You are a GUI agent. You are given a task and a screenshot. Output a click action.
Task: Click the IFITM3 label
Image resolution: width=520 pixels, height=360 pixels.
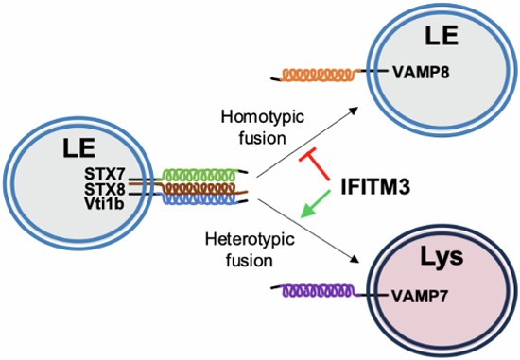click(375, 187)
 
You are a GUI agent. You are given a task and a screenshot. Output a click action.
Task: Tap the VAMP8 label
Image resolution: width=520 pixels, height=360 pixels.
click(421, 72)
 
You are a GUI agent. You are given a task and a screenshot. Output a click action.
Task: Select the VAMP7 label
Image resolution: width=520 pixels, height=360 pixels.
click(420, 296)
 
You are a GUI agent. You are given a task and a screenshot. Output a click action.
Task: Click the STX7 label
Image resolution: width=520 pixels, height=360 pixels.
click(104, 174)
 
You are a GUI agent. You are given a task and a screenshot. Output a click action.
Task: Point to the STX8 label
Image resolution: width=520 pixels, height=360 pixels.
click(104, 189)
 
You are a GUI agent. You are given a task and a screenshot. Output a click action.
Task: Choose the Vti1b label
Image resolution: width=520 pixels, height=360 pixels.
click(104, 204)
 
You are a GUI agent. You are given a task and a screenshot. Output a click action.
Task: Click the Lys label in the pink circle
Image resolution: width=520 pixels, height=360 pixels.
click(442, 257)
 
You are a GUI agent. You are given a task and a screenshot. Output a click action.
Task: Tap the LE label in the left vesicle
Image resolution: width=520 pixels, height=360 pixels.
click(79, 148)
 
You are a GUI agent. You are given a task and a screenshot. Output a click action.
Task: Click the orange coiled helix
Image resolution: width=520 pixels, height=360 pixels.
click(319, 75)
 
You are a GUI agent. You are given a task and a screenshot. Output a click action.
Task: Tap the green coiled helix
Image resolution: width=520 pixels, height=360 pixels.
click(199, 175)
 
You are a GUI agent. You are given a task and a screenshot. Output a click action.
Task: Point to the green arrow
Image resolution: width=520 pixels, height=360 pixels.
click(315, 204)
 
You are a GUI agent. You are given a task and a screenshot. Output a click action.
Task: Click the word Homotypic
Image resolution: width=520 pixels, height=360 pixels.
click(263, 117)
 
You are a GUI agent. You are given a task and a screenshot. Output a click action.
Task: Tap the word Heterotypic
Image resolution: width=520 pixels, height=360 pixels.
click(250, 239)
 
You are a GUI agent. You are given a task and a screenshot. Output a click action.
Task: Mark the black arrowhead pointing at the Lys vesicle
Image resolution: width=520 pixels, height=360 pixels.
click(355, 259)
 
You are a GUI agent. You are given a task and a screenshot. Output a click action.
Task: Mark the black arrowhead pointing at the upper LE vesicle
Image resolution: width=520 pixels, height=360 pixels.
click(354, 111)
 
